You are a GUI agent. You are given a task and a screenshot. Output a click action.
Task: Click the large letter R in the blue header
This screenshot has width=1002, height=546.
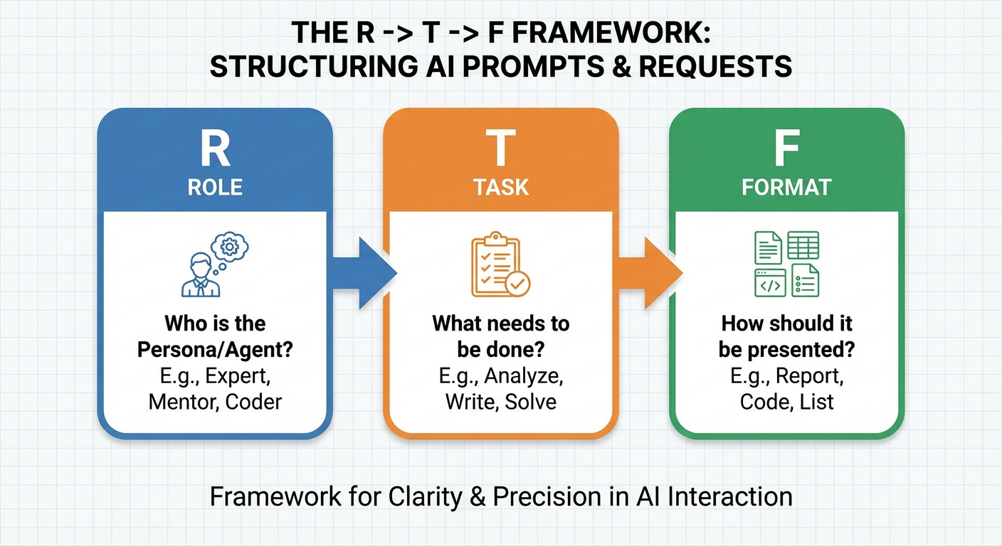215,148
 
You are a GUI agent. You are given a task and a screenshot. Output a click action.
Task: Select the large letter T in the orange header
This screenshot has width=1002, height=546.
501,148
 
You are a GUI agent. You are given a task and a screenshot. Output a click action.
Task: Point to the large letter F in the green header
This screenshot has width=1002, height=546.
786,148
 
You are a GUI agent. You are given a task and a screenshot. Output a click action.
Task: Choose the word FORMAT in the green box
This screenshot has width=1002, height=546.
786,187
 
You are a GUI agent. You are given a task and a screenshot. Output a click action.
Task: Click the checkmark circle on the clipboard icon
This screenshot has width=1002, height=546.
517,284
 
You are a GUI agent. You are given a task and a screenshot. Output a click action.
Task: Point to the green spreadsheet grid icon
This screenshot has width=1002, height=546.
803,245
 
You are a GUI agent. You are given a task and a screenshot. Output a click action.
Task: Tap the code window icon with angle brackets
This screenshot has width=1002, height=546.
770,282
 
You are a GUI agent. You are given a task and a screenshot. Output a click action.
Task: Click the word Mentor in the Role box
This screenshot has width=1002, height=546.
183,401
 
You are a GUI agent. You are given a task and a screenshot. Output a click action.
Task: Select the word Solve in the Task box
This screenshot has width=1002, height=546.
531,401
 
